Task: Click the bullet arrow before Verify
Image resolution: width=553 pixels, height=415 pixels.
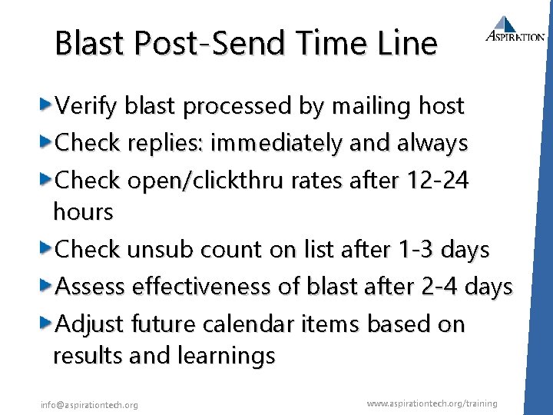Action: tap(46, 104)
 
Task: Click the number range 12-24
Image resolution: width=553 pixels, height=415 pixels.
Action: tap(441, 180)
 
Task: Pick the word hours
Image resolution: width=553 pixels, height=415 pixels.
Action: tap(83, 211)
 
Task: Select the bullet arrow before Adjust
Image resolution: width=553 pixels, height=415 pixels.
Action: tap(46, 323)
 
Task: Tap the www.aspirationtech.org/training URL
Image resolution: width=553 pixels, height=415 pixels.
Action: tap(432, 403)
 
